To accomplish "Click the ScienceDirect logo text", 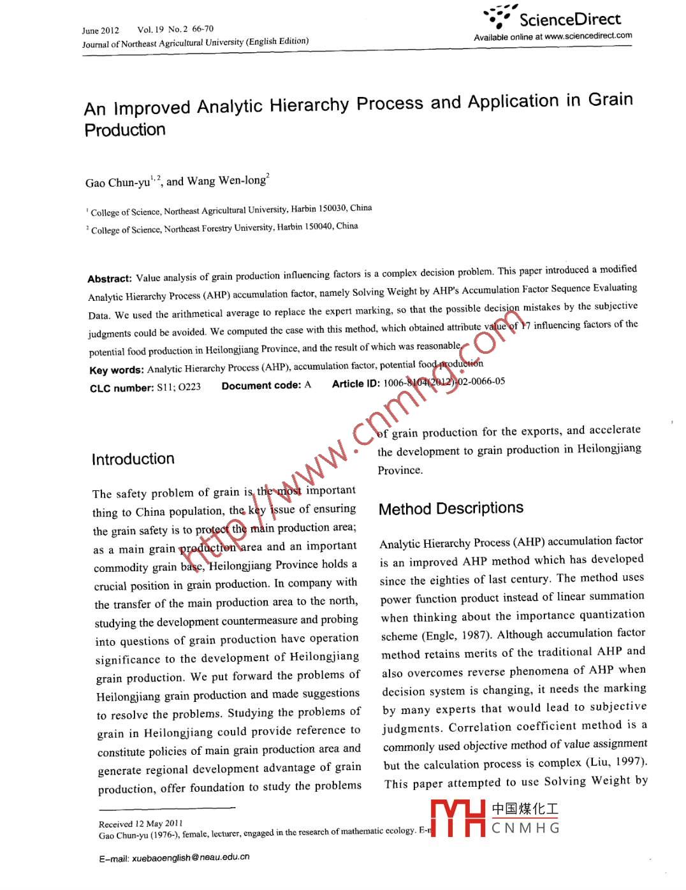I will (x=569, y=19).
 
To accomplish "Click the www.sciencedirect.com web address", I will (x=588, y=36).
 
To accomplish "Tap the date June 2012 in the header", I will (x=100, y=31).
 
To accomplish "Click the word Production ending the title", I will (x=125, y=130).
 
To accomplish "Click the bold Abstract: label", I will (x=110, y=279).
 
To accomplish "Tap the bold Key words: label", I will (x=117, y=370).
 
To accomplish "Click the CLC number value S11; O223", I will (x=179, y=387).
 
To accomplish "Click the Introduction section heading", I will (x=133, y=459).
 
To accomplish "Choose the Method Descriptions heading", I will (x=451, y=508).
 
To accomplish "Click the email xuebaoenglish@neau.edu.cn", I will (x=191, y=857).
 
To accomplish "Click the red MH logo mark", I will (x=458, y=818).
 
